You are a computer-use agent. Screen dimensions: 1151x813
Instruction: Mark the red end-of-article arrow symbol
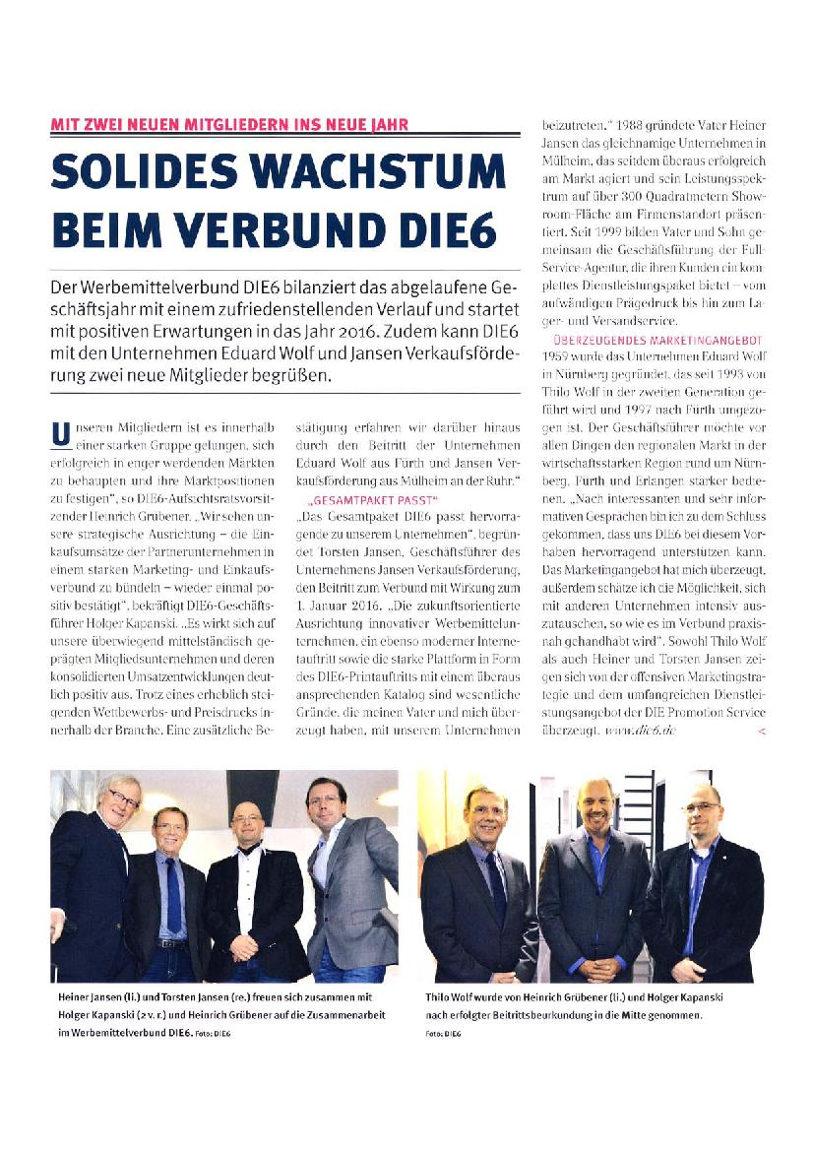(x=761, y=732)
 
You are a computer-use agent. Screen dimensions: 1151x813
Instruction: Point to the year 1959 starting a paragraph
(x=559, y=355)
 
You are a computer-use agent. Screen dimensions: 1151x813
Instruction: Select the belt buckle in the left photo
(x=173, y=944)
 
